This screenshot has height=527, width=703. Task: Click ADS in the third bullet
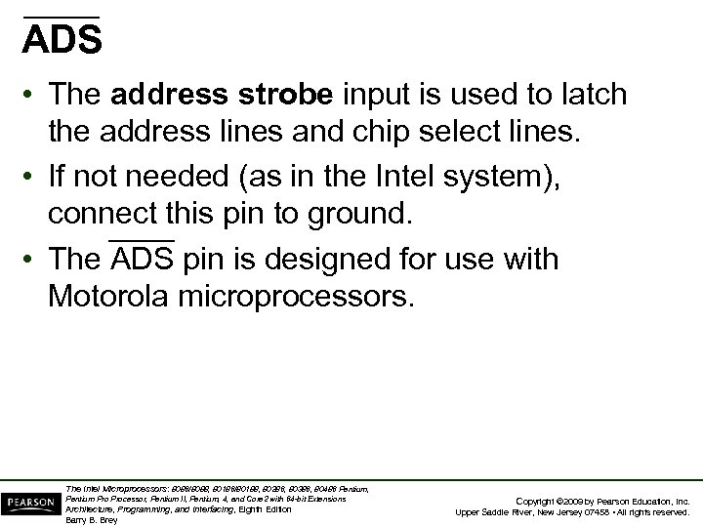tap(142, 261)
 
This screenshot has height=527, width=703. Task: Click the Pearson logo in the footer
tap(31, 502)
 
